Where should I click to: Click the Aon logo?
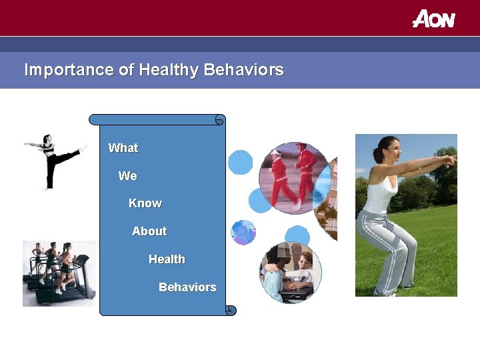[433, 19]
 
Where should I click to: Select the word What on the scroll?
[123, 148]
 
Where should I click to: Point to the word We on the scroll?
[127, 176]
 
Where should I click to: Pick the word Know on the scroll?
[145, 203]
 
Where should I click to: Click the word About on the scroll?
[149, 231]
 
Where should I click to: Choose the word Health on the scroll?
[167, 259]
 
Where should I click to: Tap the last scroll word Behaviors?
[187, 287]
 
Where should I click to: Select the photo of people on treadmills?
[59, 273]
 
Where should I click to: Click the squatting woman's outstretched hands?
[451, 161]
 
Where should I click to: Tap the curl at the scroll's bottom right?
[230, 310]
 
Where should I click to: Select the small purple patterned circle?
[243, 232]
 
